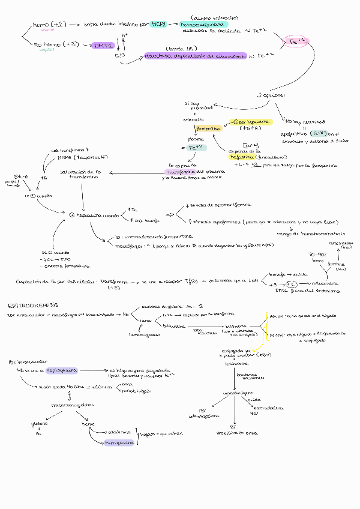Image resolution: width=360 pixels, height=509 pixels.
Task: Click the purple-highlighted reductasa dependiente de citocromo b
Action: pos(195,56)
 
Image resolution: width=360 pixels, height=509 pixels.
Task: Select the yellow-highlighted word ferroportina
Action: pos(209,128)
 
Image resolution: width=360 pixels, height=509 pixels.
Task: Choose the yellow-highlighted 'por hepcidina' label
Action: pos(253,122)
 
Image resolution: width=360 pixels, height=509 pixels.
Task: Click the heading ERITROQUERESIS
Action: pos(33,305)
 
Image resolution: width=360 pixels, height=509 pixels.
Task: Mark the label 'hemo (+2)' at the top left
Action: pos(49,24)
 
